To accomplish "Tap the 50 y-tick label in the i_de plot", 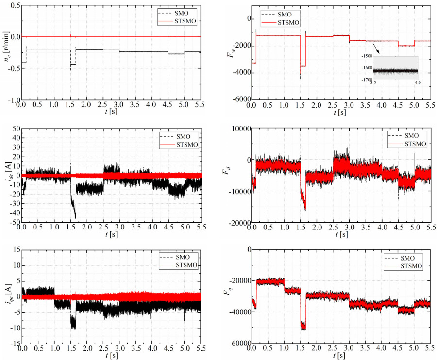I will point(16,128).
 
